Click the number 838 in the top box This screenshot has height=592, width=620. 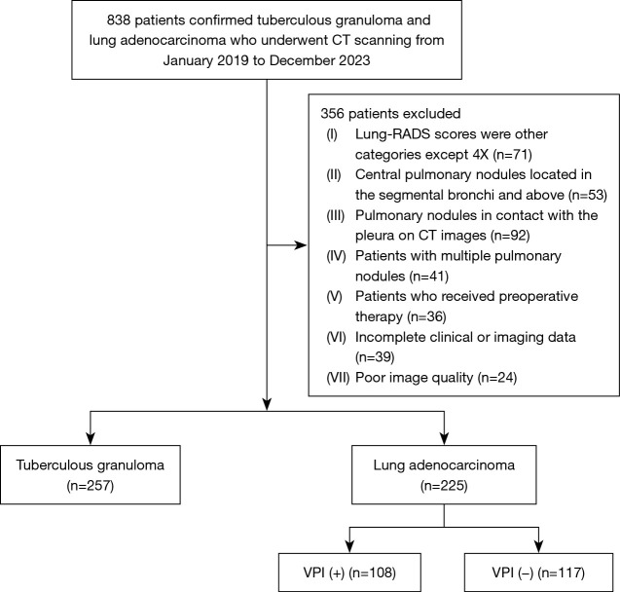[x=118, y=20]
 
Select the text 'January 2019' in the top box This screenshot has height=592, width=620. [x=205, y=60]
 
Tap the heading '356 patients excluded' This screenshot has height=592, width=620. [x=390, y=114]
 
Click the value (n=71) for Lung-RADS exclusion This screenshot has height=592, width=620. [x=512, y=154]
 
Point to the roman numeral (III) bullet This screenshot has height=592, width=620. [x=335, y=215]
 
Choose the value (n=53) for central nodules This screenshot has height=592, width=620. [x=587, y=195]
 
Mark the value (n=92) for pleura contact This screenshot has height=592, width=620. [x=510, y=236]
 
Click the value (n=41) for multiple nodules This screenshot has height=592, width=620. [x=428, y=276]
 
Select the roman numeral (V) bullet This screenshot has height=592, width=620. [x=334, y=297]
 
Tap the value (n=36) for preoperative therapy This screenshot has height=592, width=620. [x=426, y=316]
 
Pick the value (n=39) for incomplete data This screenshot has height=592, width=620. [x=375, y=357]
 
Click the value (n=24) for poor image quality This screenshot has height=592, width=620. [x=497, y=378]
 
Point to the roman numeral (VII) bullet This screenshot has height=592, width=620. [x=338, y=378]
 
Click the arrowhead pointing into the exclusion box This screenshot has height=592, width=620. [x=302, y=245]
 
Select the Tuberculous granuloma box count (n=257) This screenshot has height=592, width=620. [x=91, y=486]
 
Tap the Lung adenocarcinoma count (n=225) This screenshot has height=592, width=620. [x=444, y=486]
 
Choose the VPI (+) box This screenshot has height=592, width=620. [x=349, y=573]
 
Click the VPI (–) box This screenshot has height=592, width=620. [x=538, y=573]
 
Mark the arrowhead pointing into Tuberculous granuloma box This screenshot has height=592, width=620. [x=91, y=439]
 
